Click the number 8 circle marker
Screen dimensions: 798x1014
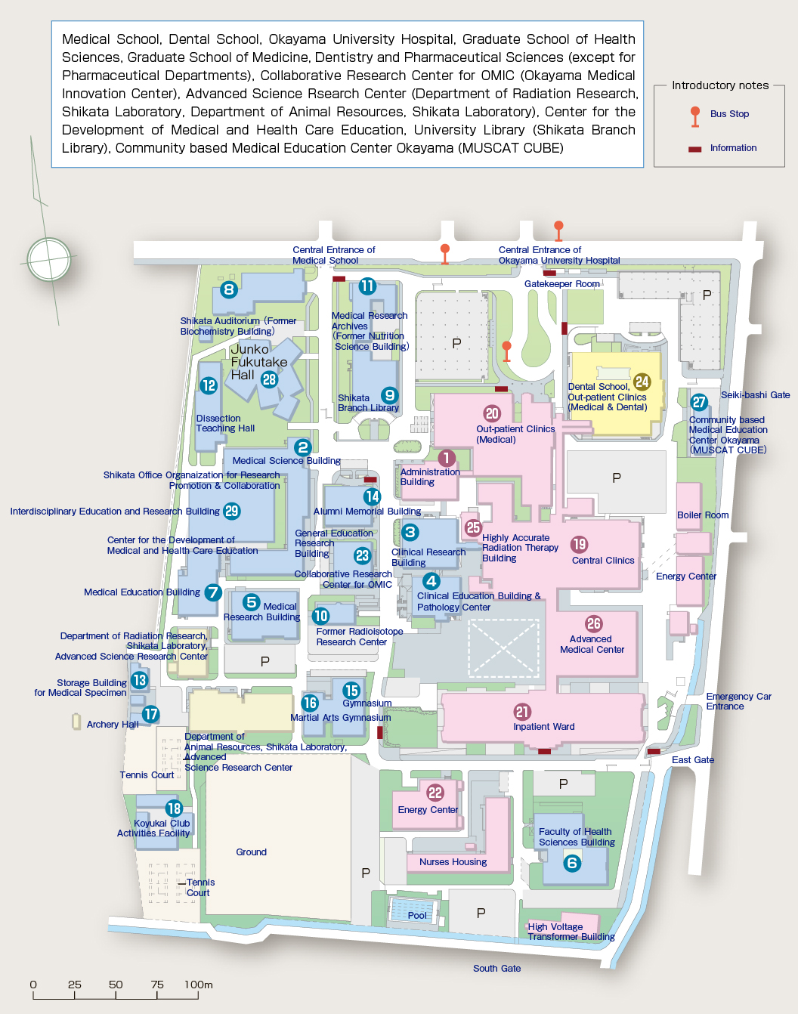229,289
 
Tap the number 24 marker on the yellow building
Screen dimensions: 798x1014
642,382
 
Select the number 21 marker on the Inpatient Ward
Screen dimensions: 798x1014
522,712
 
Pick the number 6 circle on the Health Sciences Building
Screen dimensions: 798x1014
572,863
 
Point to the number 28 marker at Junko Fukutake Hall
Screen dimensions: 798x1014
269,379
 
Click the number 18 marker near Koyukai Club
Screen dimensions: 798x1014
174,808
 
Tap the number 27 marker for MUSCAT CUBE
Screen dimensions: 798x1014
699,402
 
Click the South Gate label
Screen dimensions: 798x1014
496,969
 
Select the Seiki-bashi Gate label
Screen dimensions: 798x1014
755,395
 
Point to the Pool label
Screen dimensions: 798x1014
417,915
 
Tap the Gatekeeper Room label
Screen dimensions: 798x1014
562,283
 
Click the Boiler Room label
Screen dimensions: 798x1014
703,515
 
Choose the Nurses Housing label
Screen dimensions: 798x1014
453,862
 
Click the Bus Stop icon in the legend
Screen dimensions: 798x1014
694,116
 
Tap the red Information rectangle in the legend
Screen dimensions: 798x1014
694,149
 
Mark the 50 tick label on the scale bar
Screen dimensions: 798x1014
116,985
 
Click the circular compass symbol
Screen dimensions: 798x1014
49,259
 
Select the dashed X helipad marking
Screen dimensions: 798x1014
503,648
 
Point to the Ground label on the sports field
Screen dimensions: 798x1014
251,852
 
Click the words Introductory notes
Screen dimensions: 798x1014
720,85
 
